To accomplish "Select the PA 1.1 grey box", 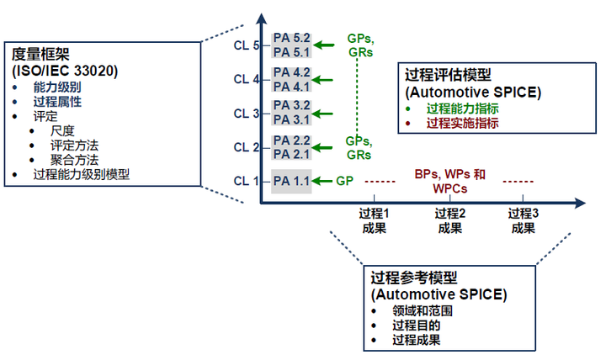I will point(292,180).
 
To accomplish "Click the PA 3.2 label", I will point(292,106).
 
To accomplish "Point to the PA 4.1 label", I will point(292,86).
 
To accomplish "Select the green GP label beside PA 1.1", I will point(345,180).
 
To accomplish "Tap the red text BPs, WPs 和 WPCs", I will point(450,181).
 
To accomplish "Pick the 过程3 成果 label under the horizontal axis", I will point(523,220).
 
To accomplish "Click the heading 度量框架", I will point(40,54).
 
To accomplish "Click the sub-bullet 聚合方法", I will point(75,160).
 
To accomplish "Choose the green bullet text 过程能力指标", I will point(462,108).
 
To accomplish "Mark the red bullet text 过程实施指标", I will point(462,123).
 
